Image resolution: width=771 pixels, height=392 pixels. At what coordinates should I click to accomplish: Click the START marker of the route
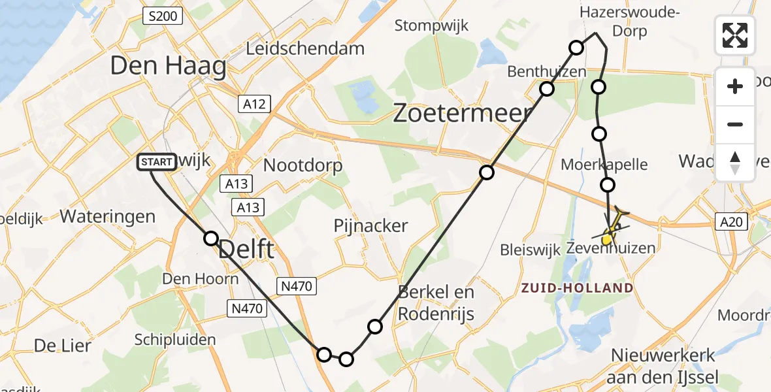pos(157,161)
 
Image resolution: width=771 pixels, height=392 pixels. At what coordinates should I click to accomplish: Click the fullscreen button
pos(735,35)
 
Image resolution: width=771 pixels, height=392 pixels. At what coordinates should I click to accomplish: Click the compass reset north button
pos(735,163)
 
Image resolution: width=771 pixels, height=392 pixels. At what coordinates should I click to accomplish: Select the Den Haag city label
pos(168,66)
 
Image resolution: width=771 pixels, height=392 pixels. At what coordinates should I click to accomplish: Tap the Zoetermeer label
pos(463,114)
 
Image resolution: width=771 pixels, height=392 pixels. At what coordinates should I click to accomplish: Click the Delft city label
pos(245,249)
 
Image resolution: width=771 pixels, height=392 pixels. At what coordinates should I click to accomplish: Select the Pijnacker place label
pos(370,226)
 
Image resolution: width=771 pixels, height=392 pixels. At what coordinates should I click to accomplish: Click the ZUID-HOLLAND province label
pos(576,288)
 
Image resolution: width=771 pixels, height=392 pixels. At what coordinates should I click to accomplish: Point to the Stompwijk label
pos(428,25)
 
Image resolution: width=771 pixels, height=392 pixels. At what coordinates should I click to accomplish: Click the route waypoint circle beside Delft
pos(210,238)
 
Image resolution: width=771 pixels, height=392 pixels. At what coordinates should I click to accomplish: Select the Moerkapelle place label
pos(604,164)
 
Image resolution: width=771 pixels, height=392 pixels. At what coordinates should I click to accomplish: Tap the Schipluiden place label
pos(174,340)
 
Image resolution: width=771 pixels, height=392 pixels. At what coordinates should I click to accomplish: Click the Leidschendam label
pos(305,48)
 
